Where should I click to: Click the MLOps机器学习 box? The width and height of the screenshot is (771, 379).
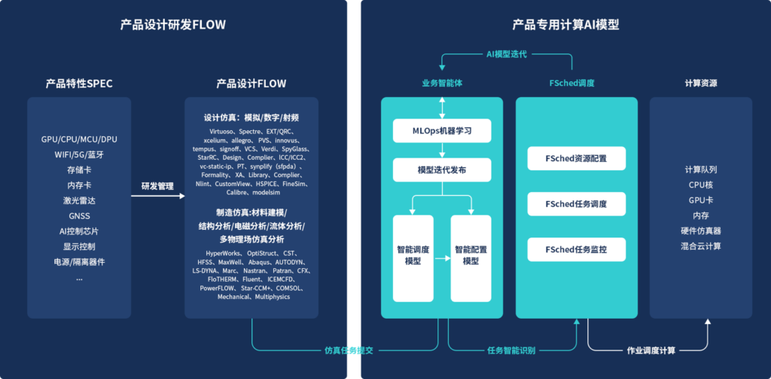pyautogui.click(x=442, y=130)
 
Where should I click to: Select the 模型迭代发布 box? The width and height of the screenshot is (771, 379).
pyautogui.click(x=442, y=170)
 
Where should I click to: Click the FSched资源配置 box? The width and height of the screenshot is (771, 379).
pyautogui.click(x=576, y=159)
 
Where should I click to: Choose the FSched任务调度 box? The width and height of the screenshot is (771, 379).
pyautogui.click(x=576, y=204)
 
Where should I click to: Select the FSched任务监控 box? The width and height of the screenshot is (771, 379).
pyautogui.click(x=576, y=249)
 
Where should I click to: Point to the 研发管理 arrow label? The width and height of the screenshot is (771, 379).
pyautogui.click(x=157, y=185)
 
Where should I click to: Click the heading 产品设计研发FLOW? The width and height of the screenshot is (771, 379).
pyautogui.click(x=173, y=25)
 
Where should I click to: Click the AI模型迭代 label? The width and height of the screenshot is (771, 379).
pyautogui.click(x=506, y=54)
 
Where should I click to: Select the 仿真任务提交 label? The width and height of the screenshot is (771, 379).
pyautogui.click(x=349, y=350)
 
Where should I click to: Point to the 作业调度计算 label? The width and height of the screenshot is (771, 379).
pyautogui.click(x=651, y=350)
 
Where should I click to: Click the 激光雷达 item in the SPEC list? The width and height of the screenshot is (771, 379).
pyautogui.click(x=79, y=200)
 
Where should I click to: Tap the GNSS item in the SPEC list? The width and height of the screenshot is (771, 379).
pyautogui.click(x=79, y=216)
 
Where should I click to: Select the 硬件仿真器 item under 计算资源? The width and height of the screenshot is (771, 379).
pyautogui.click(x=700, y=231)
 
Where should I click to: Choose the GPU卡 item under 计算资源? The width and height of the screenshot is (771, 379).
pyautogui.click(x=700, y=200)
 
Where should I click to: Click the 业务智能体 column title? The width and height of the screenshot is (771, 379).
pyautogui.click(x=442, y=84)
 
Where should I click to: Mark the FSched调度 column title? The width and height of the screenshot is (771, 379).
pyautogui.click(x=572, y=84)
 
